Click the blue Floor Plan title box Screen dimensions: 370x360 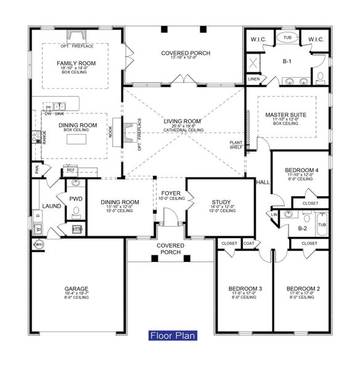pyautogui.click(x=173, y=336)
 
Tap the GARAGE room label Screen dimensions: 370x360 pyautogui.click(x=77, y=289)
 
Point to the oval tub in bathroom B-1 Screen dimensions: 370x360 pyautogui.click(x=288, y=38)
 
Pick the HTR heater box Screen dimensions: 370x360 pyautogui.click(x=77, y=228)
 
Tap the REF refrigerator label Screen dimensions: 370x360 pyautogui.click(x=71, y=170)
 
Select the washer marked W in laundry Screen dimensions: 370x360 pyautogui.click(x=38, y=229)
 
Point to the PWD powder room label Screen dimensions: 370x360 pyautogui.click(x=76, y=199)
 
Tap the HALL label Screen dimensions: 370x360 pyautogui.click(x=263, y=183)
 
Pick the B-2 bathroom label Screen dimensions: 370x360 pyautogui.click(x=302, y=228)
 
